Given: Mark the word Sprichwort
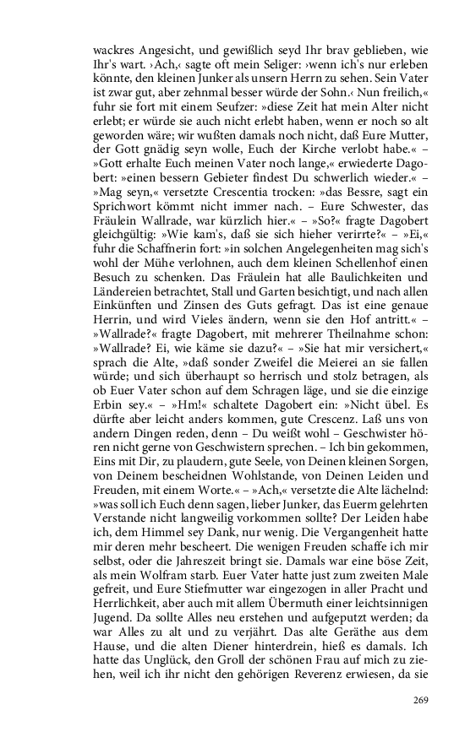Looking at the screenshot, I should [x=121, y=209].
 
